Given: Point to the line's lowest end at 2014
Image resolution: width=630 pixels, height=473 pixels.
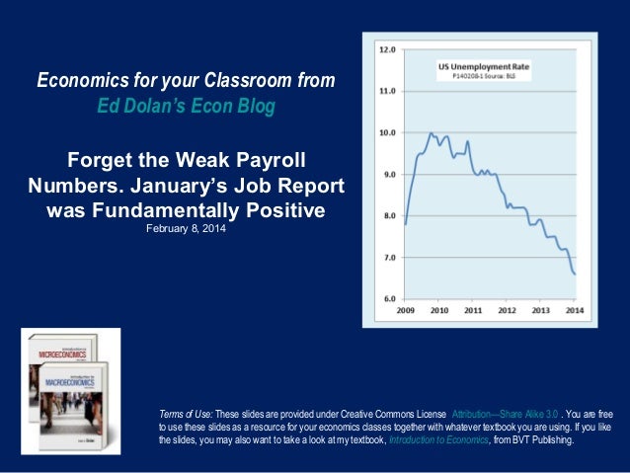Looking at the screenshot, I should (x=575, y=274).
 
